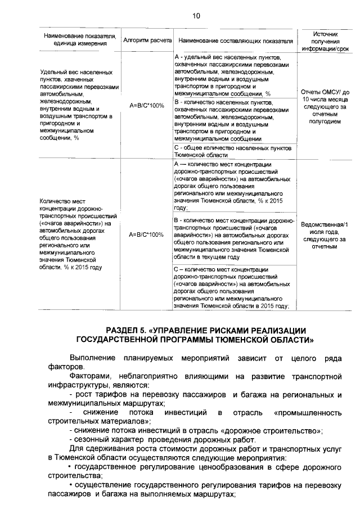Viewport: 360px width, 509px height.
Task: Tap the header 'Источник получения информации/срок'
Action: click(x=326, y=40)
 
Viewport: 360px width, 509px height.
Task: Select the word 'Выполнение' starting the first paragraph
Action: click(x=90, y=358)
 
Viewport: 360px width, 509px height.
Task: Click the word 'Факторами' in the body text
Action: click(x=90, y=376)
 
